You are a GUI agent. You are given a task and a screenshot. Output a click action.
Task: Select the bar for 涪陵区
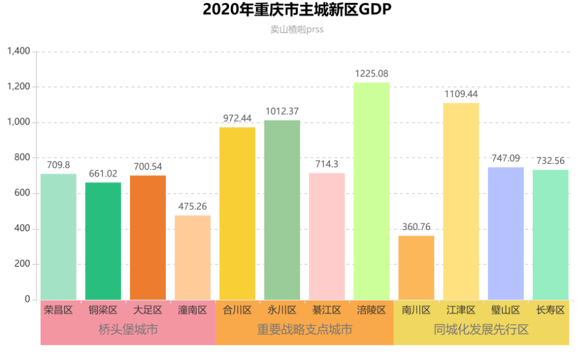pos(371,191)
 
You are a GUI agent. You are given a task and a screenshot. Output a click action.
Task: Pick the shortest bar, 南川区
pos(416,268)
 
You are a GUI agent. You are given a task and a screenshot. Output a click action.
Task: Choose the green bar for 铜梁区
pos(103,241)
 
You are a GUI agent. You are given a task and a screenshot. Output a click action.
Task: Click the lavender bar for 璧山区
pos(505,234)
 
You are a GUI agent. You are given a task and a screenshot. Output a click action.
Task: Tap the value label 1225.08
pos(371,73)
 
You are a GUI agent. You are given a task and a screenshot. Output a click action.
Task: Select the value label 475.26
pos(193,206)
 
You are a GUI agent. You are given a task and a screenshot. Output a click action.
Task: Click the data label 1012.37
pos(282,111)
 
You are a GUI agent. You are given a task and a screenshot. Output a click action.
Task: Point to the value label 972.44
pos(237,118)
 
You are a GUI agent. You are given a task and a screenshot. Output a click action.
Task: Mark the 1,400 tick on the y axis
pos(18,52)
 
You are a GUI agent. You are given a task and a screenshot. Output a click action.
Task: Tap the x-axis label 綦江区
pos(326,310)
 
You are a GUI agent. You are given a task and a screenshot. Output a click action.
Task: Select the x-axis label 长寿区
pos(550,310)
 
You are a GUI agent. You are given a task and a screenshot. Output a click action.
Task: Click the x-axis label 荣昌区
pos(58,310)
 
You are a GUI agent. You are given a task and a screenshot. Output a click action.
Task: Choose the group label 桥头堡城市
pos(128,330)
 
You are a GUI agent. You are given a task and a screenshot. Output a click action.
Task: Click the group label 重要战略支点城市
pos(304,330)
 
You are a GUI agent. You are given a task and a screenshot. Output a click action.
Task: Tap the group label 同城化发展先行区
pos(481,330)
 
